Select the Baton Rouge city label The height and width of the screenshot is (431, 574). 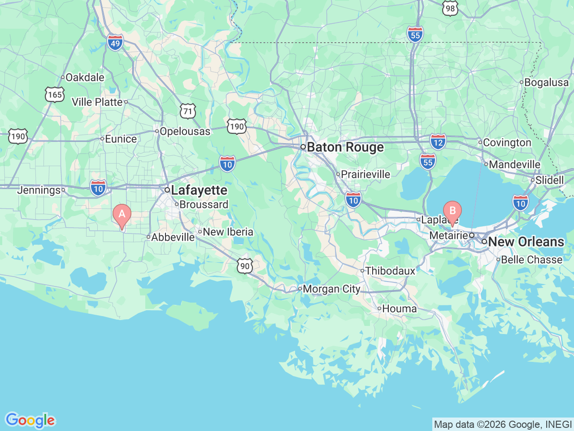345,147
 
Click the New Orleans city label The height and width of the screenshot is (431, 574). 526,242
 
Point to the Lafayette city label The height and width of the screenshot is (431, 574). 199,190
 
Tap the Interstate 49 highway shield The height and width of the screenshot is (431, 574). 115,43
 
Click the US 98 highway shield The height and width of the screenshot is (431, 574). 450,8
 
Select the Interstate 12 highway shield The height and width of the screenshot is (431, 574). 438,142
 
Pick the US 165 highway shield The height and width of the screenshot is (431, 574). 55,94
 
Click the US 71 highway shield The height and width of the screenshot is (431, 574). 187,111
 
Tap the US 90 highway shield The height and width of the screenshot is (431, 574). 245,266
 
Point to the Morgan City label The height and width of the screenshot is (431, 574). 331,289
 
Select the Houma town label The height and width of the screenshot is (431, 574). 399,309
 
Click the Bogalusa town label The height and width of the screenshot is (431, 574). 546,83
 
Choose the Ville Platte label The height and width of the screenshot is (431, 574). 97,102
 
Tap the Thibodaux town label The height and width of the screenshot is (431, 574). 390,271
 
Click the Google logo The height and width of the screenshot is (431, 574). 30,420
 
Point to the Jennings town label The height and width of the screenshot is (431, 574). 39,190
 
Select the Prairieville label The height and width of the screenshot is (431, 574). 365,174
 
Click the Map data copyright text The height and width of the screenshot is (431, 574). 503,424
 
